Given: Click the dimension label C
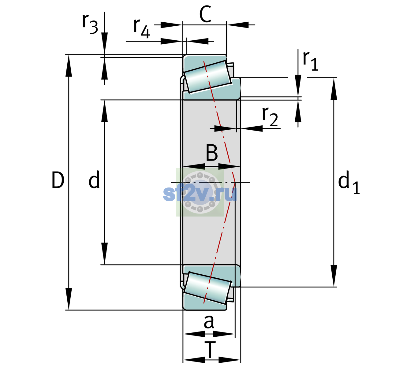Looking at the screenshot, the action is (205, 14).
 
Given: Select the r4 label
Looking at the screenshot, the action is (142, 28).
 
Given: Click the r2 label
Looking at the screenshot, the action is (270, 117).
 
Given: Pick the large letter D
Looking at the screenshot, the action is (58, 180).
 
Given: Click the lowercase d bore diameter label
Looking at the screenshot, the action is (94, 179).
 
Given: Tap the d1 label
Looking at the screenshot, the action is (349, 182).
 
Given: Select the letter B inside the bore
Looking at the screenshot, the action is (212, 153).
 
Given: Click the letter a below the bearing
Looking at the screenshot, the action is (209, 322).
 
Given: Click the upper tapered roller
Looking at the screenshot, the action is (207, 77).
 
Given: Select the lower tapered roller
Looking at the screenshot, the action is (207, 288).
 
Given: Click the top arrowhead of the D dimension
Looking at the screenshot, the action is (69, 66).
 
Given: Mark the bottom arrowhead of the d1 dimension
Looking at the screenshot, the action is (334, 276).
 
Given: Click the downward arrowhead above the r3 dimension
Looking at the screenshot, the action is (104, 43).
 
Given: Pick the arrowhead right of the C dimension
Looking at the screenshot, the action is (237, 25).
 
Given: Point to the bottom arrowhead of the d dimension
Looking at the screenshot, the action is (104, 254).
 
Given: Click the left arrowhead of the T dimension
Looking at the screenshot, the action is (194, 360).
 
